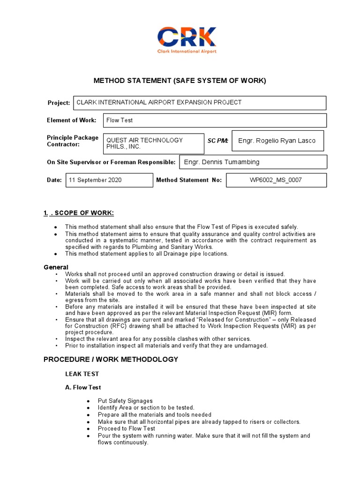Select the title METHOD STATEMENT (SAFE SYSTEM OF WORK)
180,81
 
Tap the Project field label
59,103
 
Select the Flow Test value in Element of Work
120,120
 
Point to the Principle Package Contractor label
73,141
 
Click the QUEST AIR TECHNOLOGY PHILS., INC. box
153,143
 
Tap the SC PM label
217,141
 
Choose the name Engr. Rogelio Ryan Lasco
277,141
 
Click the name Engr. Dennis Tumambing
222,162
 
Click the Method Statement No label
189,180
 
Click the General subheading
56,267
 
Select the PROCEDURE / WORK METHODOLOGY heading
111,360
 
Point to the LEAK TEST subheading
82,374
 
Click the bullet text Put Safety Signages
125,401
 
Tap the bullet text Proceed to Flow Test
127,428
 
